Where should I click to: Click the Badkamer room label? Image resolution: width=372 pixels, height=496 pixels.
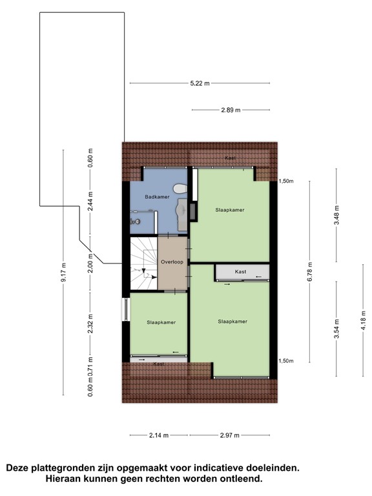(157, 197)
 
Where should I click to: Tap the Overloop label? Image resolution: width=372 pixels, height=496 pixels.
(172, 262)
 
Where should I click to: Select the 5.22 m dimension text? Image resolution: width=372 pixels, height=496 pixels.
(200, 83)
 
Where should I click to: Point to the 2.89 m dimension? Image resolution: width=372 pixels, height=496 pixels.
(231, 110)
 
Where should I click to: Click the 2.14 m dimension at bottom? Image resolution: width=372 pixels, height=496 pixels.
(158, 435)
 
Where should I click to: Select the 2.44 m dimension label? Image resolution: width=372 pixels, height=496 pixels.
(91, 201)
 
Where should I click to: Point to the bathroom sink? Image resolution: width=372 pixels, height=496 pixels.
(183, 209)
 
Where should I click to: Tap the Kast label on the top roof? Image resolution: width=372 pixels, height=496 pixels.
(230, 158)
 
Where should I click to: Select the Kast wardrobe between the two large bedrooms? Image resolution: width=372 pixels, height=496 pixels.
(241, 273)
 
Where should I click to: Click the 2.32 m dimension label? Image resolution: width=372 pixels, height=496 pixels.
(91, 322)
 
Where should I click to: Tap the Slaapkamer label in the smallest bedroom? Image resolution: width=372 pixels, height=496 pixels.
(161, 322)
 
